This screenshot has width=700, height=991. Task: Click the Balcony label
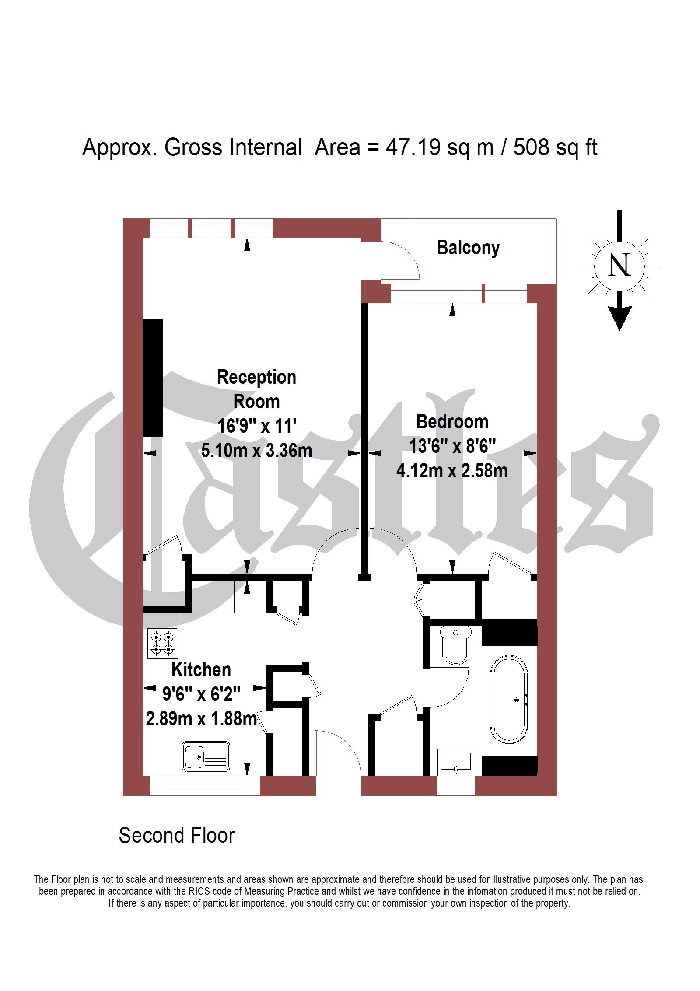(x=468, y=248)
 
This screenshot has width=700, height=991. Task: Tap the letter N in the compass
(x=619, y=265)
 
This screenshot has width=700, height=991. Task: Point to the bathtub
(x=509, y=699)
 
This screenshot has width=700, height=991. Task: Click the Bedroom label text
(x=452, y=422)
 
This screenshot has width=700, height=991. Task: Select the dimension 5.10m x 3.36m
(x=256, y=450)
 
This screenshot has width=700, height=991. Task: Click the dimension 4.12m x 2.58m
(x=452, y=471)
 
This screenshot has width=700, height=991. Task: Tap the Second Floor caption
(x=177, y=836)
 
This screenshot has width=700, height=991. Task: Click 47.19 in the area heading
(x=413, y=147)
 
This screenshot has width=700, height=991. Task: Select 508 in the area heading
(x=531, y=147)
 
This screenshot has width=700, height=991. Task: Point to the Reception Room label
(x=256, y=389)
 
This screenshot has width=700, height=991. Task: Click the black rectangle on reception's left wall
(x=153, y=378)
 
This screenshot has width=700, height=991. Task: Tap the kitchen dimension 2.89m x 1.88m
(x=201, y=719)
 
